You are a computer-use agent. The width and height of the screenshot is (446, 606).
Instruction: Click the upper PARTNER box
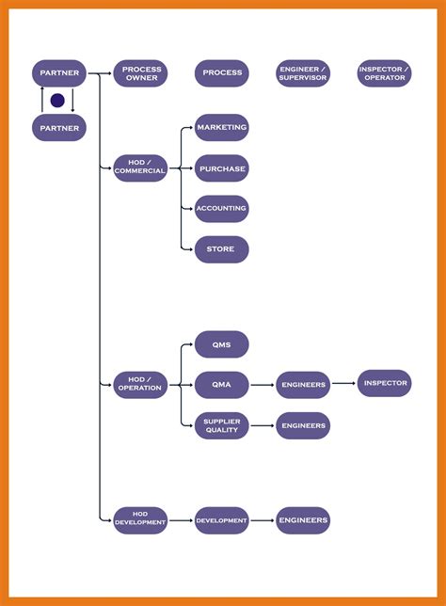pyautogui.click(x=59, y=73)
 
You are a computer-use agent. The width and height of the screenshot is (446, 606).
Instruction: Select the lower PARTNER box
pyautogui.click(x=59, y=127)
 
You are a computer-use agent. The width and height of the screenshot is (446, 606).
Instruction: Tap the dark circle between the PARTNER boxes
pyautogui.click(x=57, y=100)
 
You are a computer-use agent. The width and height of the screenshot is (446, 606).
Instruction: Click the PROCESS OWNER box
pyautogui.click(x=141, y=73)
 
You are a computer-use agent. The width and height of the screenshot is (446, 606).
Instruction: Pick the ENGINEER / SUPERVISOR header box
pyautogui.click(x=303, y=73)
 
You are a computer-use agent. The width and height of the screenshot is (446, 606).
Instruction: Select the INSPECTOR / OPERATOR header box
pyautogui.click(x=384, y=73)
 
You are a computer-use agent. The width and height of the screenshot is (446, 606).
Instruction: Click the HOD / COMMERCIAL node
pyautogui.click(x=140, y=167)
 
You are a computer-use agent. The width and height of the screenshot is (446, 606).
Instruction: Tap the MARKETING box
pyautogui.click(x=222, y=128)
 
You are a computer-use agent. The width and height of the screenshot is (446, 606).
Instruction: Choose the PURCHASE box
pyautogui.click(x=222, y=168)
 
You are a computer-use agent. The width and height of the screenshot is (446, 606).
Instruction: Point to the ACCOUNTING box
pyautogui.click(x=222, y=209)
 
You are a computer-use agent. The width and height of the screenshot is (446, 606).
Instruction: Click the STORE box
pyautogui.click(x=222, y=249)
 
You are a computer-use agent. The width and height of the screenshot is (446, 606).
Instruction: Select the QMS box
pyautogui.click(x=222, y=344)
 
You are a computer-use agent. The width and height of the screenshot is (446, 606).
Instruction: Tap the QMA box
pyautogui.click(x=222, y=384)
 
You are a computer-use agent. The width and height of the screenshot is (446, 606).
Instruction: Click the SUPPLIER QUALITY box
pyautogui.click(x=222, y=425)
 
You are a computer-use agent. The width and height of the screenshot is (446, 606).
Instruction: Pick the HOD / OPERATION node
pyautogui.click(x=140, y=384)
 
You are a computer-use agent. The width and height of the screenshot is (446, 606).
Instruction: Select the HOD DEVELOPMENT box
pyautogui.click(x=140, y=520)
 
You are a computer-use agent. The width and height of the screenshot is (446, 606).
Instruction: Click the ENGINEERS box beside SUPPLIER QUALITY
pyautogui.click(x=303, y=425)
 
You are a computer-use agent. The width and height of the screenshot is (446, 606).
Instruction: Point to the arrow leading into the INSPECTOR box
pyautogui.click(x=343, y=383)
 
